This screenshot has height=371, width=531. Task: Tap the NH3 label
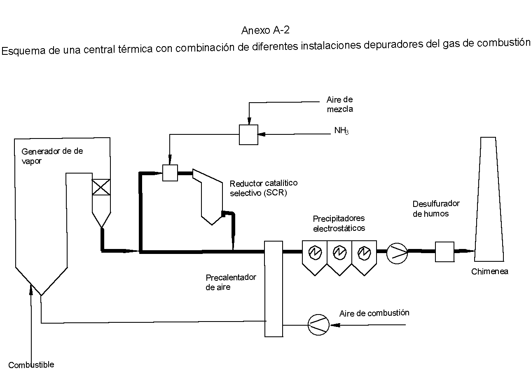341,131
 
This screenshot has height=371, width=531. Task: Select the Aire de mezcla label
339,104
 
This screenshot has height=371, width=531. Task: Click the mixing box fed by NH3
248,134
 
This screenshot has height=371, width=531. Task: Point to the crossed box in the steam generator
101,187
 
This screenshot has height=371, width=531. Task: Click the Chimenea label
489,272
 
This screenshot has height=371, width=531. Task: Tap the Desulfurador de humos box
444,251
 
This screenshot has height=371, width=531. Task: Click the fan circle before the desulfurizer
397,251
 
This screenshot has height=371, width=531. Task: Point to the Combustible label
31,365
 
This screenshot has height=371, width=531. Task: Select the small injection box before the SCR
170,173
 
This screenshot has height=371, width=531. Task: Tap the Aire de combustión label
374,313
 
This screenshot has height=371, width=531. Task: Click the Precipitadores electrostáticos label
339,223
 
